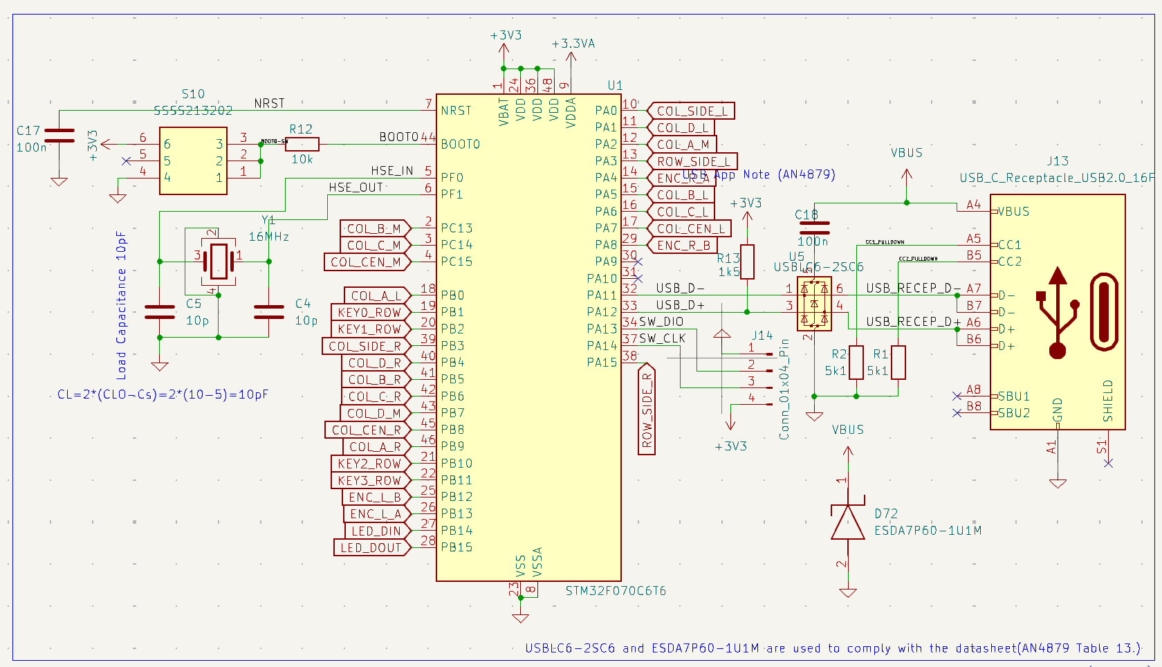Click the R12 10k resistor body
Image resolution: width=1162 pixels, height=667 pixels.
pos(302,144)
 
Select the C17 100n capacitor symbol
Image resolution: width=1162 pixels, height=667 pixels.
pos(59,136)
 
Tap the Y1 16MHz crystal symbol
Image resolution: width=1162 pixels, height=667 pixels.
pos(219,262)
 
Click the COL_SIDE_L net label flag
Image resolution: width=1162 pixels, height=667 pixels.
pos(691,111)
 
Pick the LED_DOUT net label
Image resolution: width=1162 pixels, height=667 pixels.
pos(371,547)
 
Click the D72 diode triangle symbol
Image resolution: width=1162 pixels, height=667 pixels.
pos(848,522)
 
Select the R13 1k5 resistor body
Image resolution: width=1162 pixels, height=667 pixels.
pos(747,262)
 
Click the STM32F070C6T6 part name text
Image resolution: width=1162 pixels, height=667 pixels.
pos(616,591)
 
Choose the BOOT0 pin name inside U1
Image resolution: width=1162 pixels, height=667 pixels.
pos(460,144)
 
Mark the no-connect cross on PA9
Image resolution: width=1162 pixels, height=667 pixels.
pos(638,262)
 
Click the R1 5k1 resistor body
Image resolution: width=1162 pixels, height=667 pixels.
pos(898,363)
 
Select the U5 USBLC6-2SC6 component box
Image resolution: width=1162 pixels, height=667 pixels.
pos(814,304)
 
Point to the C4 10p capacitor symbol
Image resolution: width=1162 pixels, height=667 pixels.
pos(269,312)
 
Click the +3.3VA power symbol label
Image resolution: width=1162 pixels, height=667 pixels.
pos(573,44)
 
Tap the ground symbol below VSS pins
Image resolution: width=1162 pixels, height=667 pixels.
pos(520,617)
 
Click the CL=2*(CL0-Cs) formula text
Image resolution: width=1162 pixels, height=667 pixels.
pos(163,394)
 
